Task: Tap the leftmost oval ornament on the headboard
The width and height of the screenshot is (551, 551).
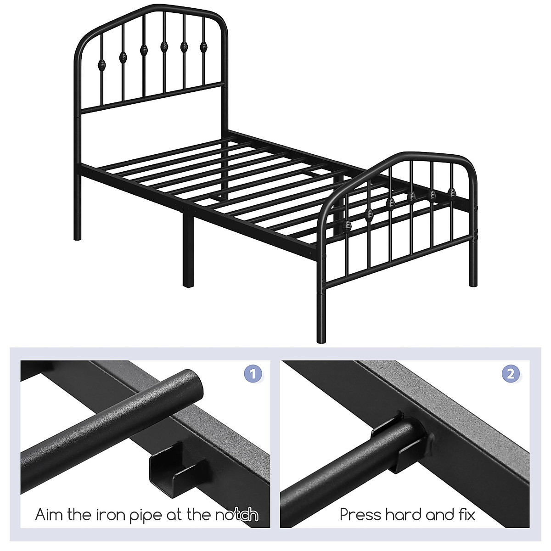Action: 102,63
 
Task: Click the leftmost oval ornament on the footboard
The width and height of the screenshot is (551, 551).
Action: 348,225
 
